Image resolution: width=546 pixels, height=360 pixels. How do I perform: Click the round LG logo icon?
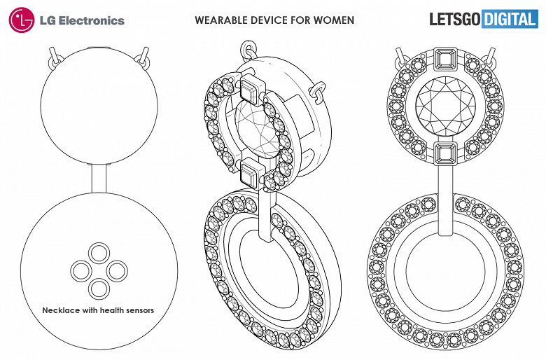click(x=21, y=20)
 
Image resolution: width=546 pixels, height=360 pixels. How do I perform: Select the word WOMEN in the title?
click(x=334, y=20)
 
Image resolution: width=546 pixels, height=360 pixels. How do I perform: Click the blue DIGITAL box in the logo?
click(x=510, y=19)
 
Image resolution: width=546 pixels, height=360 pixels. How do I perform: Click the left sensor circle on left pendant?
click(x=82, y=269)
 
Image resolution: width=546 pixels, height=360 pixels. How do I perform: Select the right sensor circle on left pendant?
click(x=116, y=269)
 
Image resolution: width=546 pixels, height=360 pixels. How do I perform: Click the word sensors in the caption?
click(x=137, y=310)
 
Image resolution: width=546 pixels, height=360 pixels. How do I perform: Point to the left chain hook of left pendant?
click(x=55, y=57)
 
